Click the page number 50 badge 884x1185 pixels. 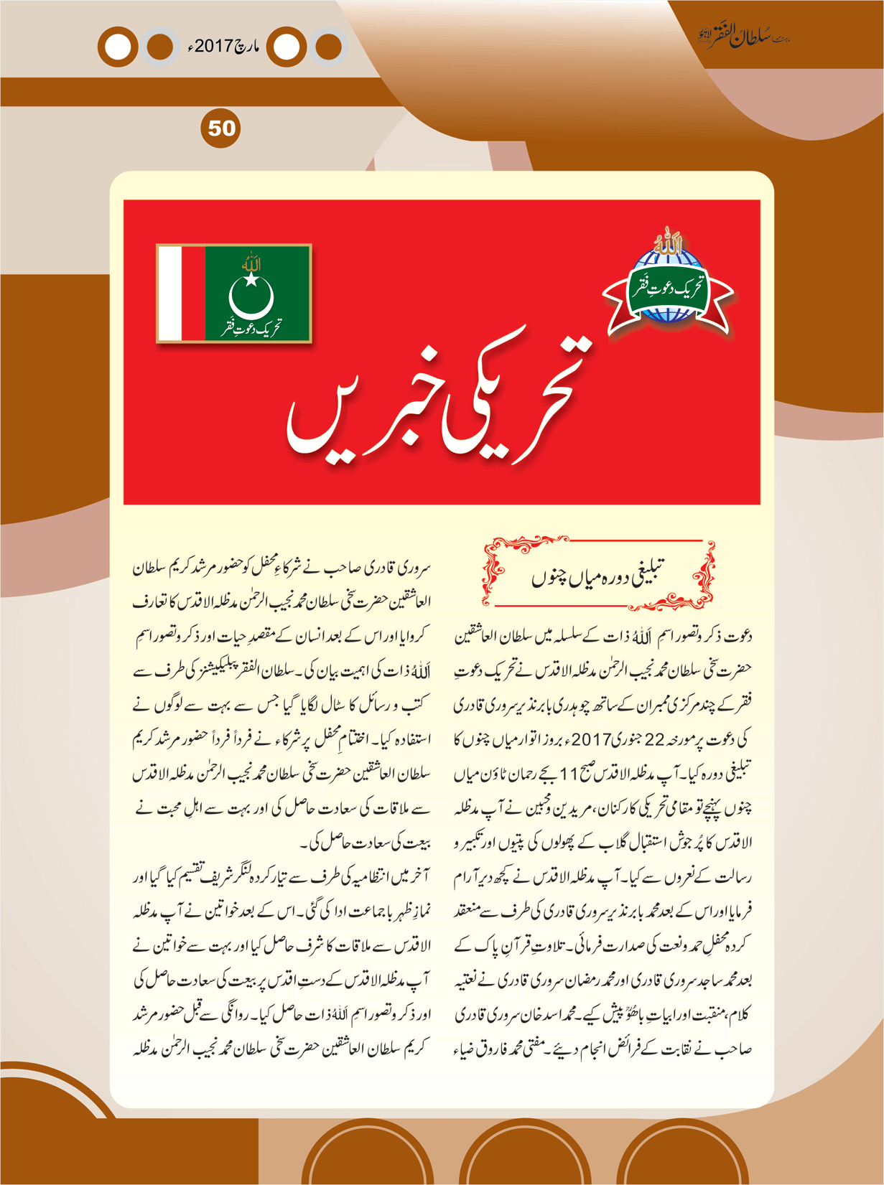click(222, 128)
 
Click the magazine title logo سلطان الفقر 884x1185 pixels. click(743, 37)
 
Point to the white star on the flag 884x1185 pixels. click(251, 278)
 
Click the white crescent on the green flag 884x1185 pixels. click(251, 299)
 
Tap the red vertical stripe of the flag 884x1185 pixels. click(193, 293)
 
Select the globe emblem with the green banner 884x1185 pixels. click(667, 286)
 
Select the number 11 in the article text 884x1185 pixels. click(568, 774)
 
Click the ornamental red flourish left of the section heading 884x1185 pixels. click(495, 571)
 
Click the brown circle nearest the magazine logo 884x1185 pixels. click(328, 47)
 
